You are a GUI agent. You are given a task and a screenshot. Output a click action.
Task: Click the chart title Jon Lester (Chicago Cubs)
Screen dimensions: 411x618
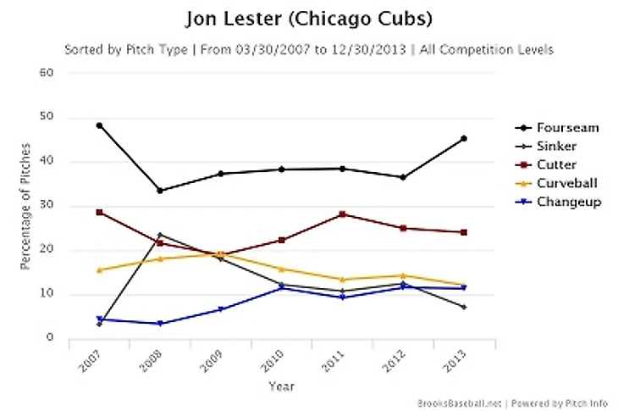pos(308,19)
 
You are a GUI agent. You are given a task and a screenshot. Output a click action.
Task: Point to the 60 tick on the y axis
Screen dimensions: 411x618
pos(47,73)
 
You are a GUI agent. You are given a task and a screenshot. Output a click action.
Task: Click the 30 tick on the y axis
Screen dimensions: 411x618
pos(47,206)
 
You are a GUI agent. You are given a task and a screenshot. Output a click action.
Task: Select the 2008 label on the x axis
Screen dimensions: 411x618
pos(152,362)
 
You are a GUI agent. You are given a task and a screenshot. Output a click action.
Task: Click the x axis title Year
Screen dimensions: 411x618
pos(281,386)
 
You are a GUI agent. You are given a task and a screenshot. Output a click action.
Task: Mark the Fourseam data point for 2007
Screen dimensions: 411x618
pos(99,125)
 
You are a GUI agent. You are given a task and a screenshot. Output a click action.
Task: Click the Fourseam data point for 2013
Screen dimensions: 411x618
pos(464,138)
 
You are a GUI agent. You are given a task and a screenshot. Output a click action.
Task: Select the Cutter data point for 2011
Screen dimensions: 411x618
pos(342,214)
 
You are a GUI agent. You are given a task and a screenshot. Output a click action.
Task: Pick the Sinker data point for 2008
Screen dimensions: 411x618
pos(160,235)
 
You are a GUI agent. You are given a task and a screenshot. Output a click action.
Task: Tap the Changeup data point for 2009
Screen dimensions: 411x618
pos(220,309)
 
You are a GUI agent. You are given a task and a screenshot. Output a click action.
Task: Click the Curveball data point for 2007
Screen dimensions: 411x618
pos(99,270)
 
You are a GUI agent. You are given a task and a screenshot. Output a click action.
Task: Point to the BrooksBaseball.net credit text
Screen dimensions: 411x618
pos(456,403)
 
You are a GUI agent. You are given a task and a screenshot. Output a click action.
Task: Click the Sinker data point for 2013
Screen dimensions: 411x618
pos(464,307)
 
